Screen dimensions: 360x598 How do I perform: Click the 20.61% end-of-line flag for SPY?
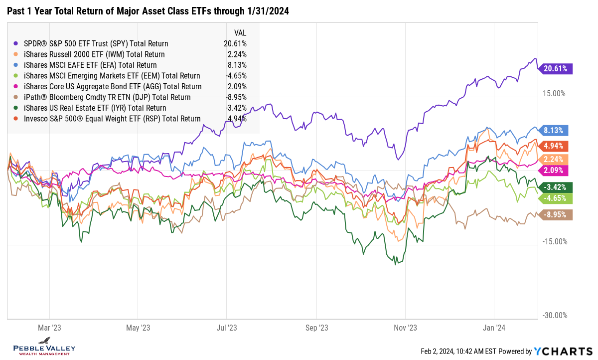pos(556,69)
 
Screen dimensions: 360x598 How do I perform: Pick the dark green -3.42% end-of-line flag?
pos(556,187)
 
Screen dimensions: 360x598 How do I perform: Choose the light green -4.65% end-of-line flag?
pos(556,198)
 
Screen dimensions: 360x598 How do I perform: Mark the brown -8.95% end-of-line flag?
pos(556,215)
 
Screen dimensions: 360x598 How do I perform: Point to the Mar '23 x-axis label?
pos(49,328)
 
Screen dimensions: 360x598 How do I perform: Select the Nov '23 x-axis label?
pos(405,328)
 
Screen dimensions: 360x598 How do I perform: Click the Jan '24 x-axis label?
pos(494,328)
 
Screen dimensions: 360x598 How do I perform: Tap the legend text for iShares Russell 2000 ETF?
pos(94,54)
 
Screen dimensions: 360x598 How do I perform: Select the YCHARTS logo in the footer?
pos(563,351)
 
